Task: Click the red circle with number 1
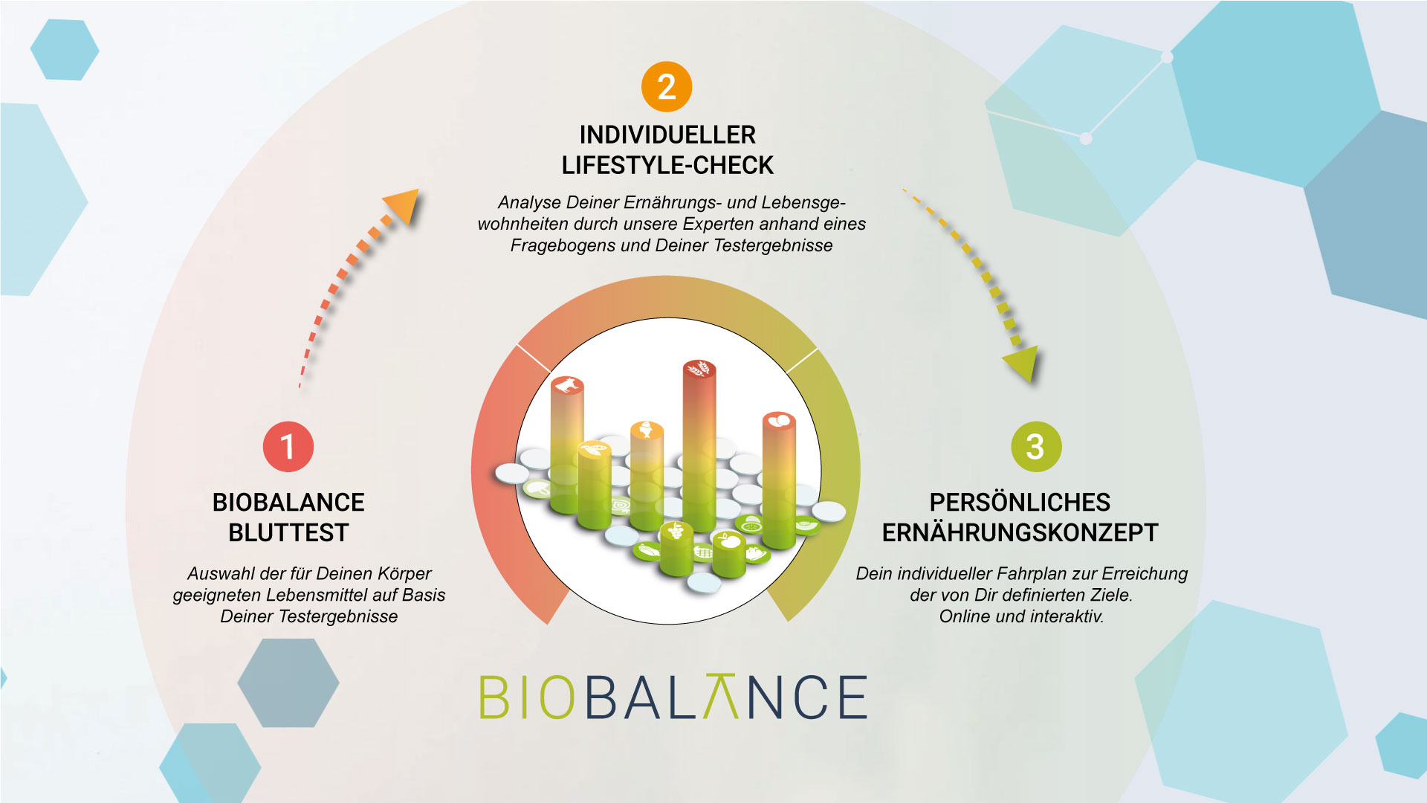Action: click(288, 447)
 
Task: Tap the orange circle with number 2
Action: click(667, 87)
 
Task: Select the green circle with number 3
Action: click(1035, 447)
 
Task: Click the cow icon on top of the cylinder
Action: click(567, 385)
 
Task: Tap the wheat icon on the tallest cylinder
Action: click(699, 368)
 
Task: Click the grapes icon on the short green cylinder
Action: click(676, 530)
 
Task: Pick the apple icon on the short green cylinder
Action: click(729, 541)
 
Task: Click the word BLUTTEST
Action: click(288, 533)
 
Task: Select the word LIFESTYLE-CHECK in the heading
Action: click(667, 165)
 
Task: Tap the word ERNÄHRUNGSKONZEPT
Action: click(1020, 533)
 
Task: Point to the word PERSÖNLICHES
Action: click(1020, 503)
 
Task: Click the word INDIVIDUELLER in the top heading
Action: click(667, 135)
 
